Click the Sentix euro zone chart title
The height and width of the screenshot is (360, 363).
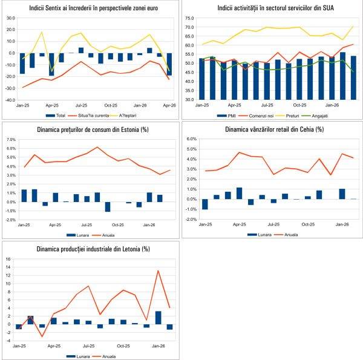(x=91, y=8)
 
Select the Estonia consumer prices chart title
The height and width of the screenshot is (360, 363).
(x=91, y=128)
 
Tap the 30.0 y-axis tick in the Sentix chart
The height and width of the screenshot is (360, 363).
(x=10, y=18)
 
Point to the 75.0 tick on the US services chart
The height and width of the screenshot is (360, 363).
(x=189, y=18)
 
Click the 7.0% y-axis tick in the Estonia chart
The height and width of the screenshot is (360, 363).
(x=10, y=139)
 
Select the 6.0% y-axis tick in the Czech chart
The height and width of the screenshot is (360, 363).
(x=190, y=139)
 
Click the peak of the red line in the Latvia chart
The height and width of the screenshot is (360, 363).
(x=158, y=270)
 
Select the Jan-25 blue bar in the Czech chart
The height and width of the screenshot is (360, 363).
(x=204, y=204)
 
